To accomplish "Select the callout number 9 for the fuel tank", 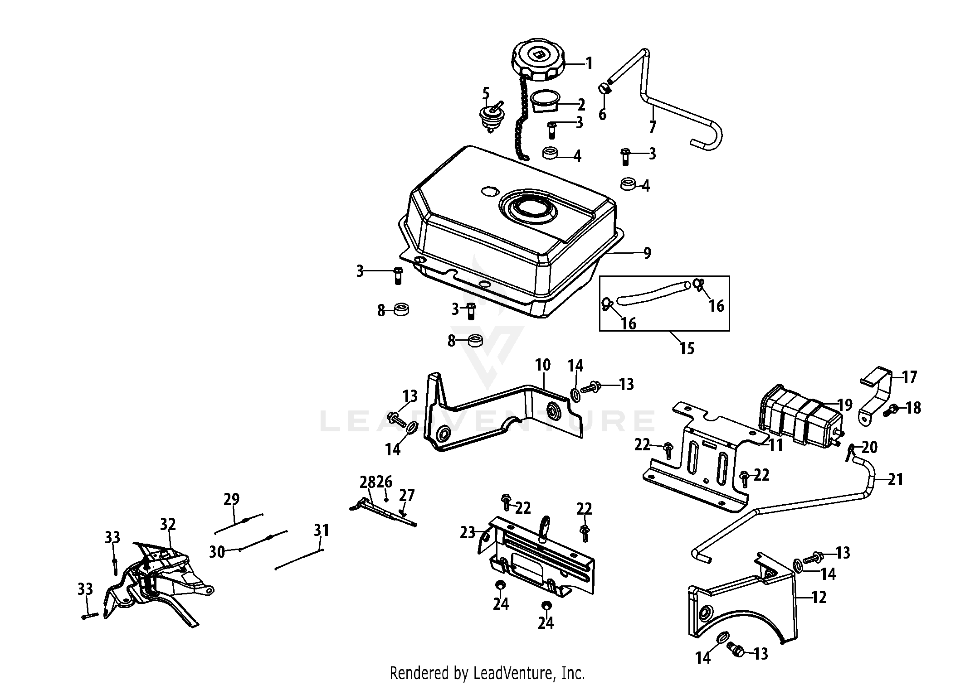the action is tap(647, 253).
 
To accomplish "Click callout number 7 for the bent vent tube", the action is tap(653, 126).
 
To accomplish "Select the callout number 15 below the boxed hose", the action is tap(687, 348).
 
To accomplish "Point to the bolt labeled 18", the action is tap(891, 410).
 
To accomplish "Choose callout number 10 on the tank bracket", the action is tap(542, 365).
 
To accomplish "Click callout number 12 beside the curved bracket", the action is tap(819, 597).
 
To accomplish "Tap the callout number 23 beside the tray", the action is tap(467, 532).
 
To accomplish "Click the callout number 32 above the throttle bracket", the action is tap(168, 524).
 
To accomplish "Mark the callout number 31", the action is tap(322, 530).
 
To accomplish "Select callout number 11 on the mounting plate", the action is tap(776, 445).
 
